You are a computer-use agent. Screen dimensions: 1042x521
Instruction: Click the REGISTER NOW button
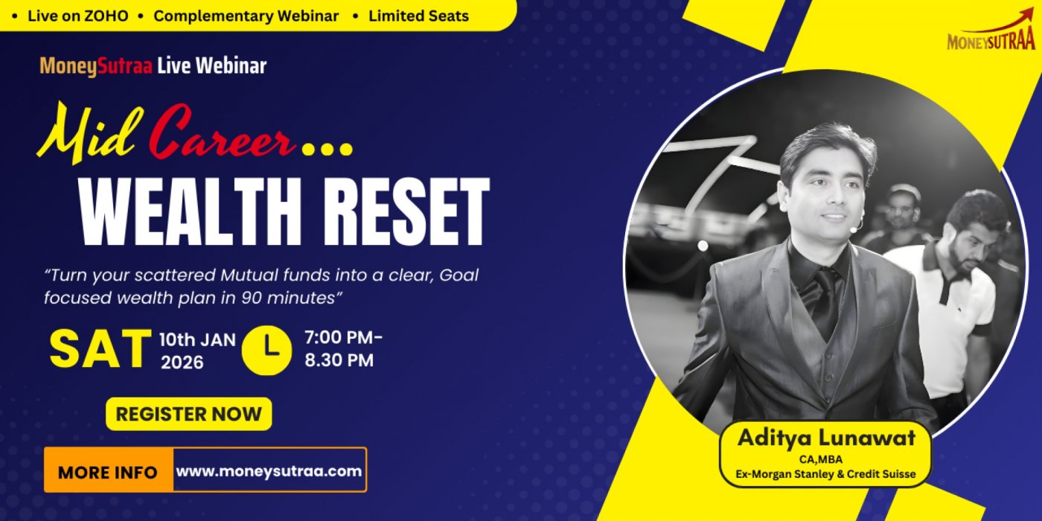(x=188, y=414)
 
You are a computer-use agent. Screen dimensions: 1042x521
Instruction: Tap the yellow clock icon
(x=267, y=351)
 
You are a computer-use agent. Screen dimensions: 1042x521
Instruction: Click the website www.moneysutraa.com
(x=269, y=470)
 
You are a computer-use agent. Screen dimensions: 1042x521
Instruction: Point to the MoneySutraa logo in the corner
(x=991, y=34)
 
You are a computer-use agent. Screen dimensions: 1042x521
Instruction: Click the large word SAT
(x=100, y=349)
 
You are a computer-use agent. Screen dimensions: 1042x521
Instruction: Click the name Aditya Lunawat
(x=826, y=438)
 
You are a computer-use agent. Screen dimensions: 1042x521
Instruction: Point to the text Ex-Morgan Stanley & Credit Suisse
(x=825, y=474)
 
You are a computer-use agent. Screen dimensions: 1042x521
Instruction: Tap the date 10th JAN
(x=197, y=340)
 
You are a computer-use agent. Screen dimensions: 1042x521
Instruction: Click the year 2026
(x=182, y=362)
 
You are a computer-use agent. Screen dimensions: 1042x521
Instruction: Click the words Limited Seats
(x=418, y=16)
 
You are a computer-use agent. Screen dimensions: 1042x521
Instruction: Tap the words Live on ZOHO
(x=78, y=16)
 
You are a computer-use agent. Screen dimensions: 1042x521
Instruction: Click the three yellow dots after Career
(x=327, y=150)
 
